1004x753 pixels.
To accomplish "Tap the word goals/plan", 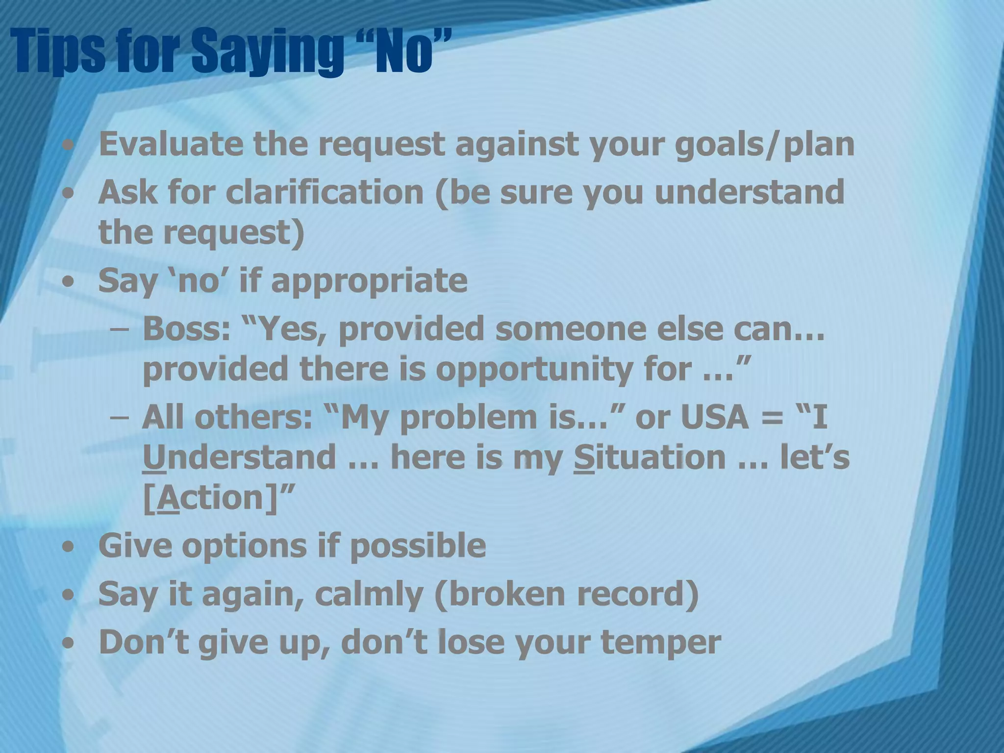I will [x=765, y=145].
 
